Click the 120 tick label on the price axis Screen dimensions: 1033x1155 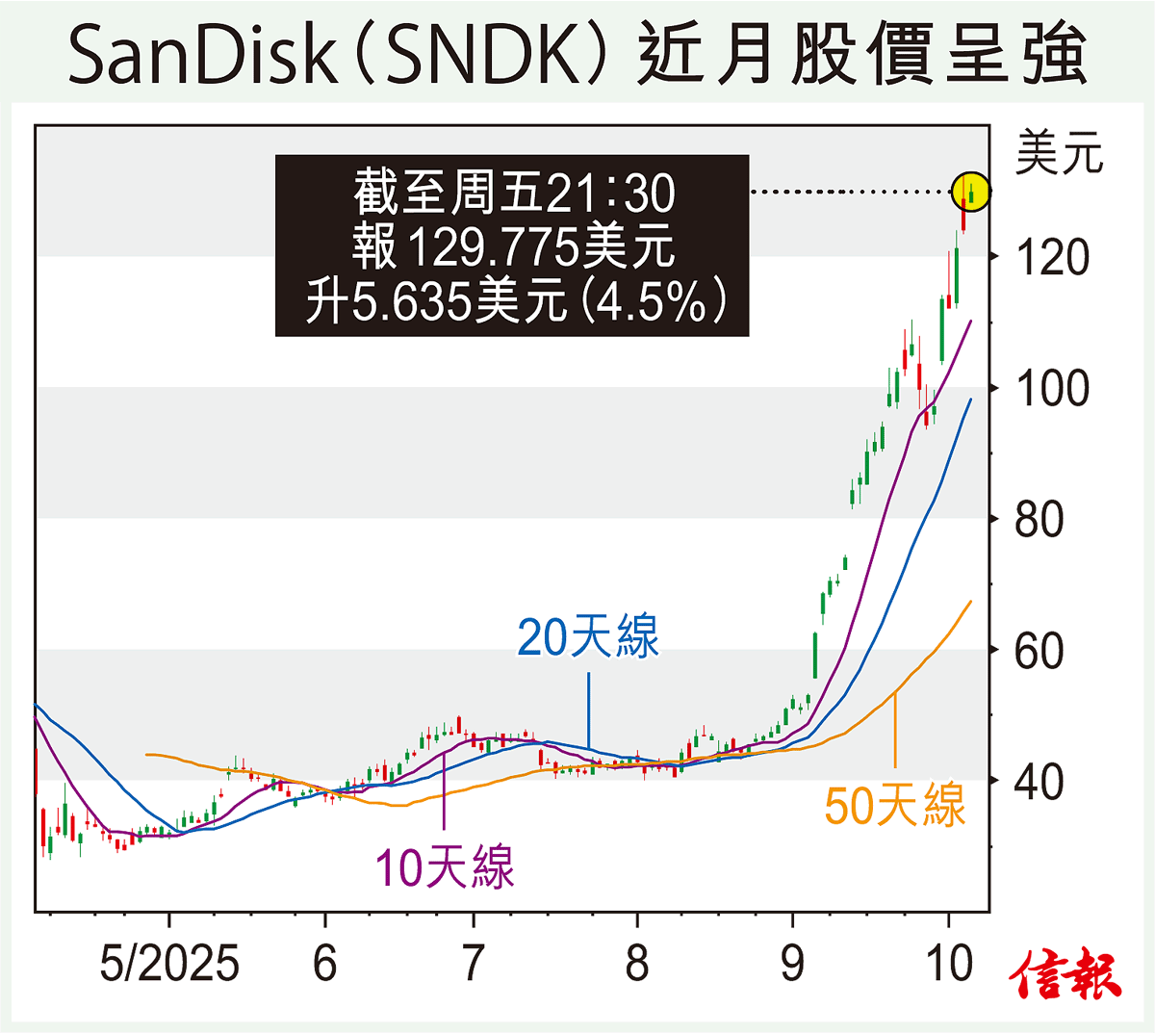click(x=1052, y=258)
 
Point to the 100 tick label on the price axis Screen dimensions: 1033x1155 click(x=1052, y=389)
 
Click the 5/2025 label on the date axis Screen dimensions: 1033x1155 click(x=169, y=963)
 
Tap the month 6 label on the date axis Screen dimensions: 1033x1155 click(x=325, y=963)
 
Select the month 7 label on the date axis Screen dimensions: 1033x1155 click(x=473, y=963)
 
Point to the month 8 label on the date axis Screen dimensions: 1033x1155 click(x=636, y=963)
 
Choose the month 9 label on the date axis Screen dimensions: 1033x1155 click(x=792, y=963)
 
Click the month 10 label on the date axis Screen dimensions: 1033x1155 click(x=950, y=963)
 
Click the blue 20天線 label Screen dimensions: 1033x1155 click(x=588, y=637)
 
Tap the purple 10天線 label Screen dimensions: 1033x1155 click(x=444, y=866)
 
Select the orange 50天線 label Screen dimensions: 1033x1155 click(x=894, y=805)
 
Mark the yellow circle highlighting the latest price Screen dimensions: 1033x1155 click(x=971, y=192)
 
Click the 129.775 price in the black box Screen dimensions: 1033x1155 click(x=495, y=246)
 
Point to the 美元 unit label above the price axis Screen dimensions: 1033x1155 click(x=1059, y=154)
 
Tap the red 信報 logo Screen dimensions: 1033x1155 click(x=1066, y=974)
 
